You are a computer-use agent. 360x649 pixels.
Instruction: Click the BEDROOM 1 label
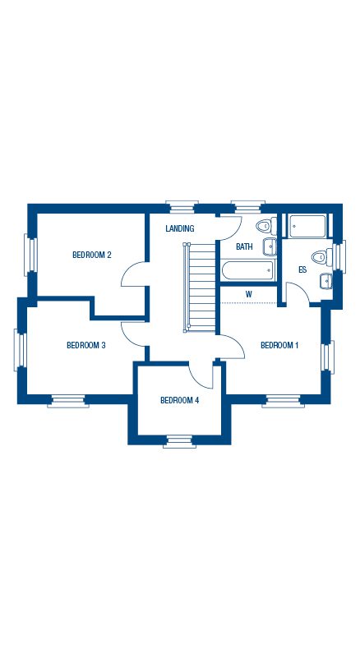[279, 345]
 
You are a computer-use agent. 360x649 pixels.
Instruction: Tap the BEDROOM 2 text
[91, 255]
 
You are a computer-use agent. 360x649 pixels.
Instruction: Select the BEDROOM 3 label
[85, 345]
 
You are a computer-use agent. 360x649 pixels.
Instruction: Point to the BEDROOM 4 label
[179, 400]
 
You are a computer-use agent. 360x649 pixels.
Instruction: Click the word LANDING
[179, 228]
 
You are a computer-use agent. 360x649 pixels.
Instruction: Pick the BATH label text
[244, 246]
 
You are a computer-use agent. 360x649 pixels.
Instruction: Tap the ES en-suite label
[302, 269]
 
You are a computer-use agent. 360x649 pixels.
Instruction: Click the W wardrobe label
[248, 293]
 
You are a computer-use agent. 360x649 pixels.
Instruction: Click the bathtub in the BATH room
[247, 269]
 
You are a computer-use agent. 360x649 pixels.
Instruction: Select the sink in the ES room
[326, 280]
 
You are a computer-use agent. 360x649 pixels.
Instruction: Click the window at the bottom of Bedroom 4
[179, 441]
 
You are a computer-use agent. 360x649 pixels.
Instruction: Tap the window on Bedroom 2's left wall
[30, 255]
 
